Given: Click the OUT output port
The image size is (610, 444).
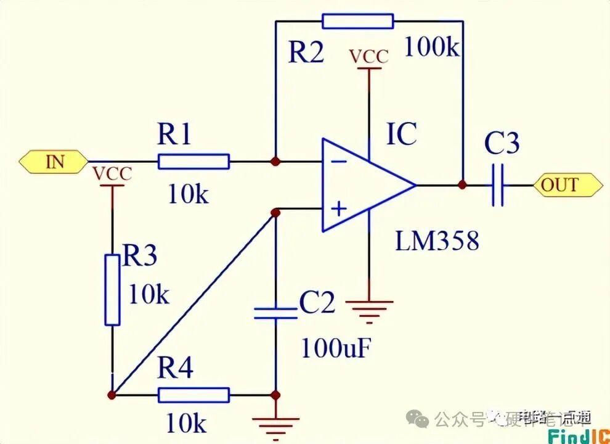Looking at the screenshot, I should (x=567, y=184).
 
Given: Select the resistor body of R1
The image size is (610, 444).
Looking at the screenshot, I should (x=193, y=162).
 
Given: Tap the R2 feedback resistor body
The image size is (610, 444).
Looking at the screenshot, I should (x=357, y=22).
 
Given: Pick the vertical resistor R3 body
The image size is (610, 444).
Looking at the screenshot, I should (x=112, y=289).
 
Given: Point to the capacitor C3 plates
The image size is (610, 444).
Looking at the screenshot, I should (x=499, y=184).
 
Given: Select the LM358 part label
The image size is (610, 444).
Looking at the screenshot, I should (x=437, y=241).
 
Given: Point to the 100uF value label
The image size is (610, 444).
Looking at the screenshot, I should (x=336, y=348).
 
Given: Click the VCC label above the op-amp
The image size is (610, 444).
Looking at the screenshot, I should (x=369, y=57).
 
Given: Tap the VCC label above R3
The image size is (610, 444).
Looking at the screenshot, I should (x=112, y=175).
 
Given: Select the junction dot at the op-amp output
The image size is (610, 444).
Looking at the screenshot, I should (x=462, y=184).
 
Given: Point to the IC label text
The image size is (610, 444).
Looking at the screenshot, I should (x=402, y=134).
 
